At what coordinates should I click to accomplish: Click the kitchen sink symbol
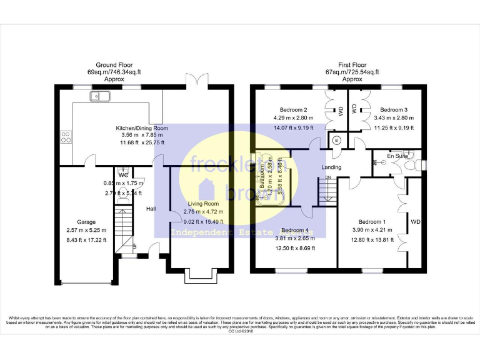[x=101, y=96]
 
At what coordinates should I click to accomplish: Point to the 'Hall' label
[x=152, y=209]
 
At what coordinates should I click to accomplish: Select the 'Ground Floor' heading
[x=114, y=65]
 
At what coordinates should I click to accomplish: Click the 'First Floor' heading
[x=352, y=65]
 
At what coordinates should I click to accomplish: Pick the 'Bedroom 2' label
[x=293, y=109]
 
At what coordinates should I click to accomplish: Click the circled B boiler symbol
[x=337, y=140]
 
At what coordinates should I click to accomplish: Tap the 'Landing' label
[x=331, y=167]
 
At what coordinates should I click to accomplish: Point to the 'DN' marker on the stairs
[x=327, y=178]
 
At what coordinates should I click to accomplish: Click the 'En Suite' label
[x=397, y=156]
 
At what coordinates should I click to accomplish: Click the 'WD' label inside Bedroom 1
[x=415, y=222]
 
